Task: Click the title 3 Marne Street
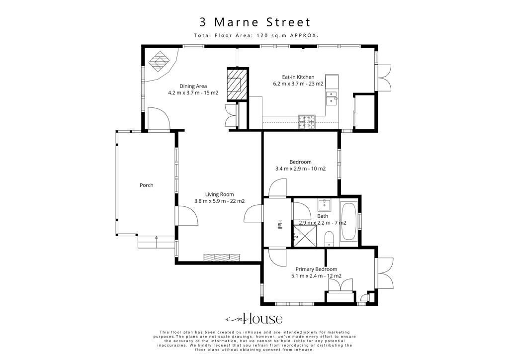255,22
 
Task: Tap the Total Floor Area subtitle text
256,35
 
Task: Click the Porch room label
147,185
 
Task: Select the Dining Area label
193,86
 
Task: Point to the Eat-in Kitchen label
298,77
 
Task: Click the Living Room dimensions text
219,201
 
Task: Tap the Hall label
279,225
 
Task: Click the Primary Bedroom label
316,269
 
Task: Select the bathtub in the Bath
348,221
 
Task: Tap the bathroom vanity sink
324,205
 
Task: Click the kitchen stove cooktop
307,122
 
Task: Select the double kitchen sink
331,98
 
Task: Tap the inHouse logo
254,319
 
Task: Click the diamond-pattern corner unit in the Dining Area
159,61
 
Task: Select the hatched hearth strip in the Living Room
222,257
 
